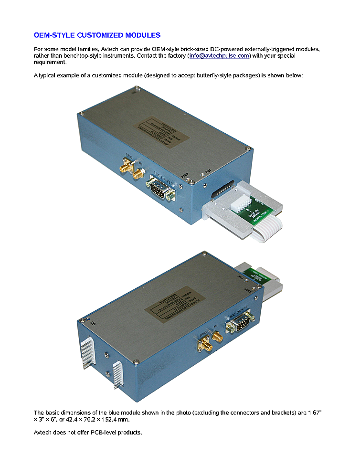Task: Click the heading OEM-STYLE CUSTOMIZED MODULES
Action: (97, 35)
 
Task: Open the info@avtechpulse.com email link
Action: (219, 56)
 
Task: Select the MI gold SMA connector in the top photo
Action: (139, 172)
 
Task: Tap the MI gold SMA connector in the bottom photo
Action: (217, 338)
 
